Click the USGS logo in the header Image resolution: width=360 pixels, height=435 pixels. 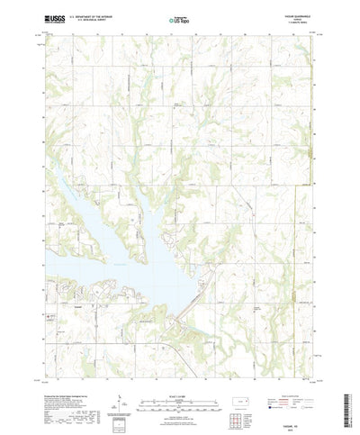click(x=50, y=17)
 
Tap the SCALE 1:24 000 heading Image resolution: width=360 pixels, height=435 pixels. click(x=179, y=369)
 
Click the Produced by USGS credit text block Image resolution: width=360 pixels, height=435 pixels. click(x=67, y=378)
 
